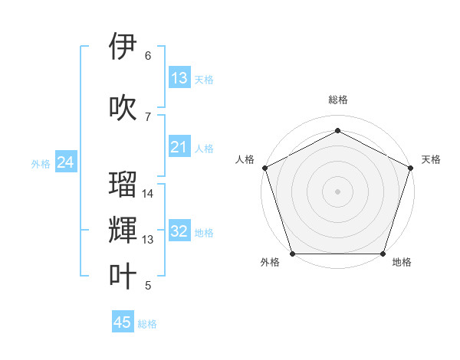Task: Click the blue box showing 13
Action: (179, 78)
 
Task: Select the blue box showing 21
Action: (179, 148)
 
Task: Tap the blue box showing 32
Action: (179, 232)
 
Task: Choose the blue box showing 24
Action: (66, 162)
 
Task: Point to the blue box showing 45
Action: (123, 322)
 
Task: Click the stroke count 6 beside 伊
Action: (148, 56)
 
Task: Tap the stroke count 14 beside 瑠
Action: (148, 194)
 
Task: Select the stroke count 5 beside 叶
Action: (148, 286)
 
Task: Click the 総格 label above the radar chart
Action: (337, 100)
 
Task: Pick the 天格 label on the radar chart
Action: (431, 159)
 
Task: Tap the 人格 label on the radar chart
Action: (245, 159)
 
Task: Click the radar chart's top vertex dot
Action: (337, 131)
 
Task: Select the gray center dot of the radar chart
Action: (337, 191)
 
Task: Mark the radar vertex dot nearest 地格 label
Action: (383, 254)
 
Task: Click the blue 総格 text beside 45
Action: (147, 324)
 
